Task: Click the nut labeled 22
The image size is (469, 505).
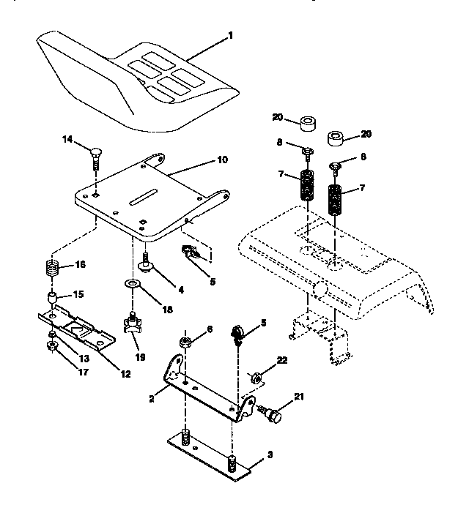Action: click(x=257, y=378)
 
